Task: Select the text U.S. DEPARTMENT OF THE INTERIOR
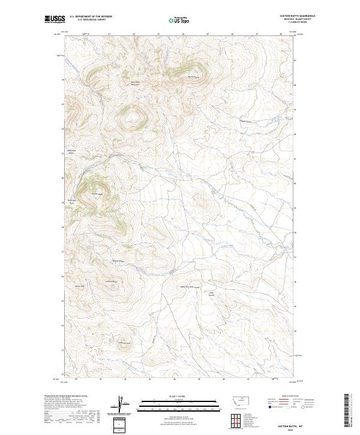tap(91, 16)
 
